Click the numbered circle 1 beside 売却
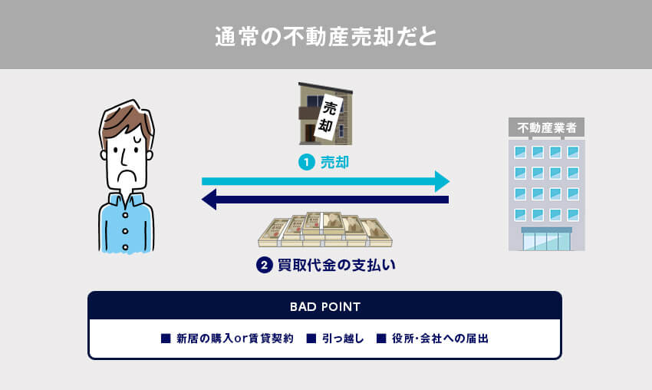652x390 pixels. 306,163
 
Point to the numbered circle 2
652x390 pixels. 264,266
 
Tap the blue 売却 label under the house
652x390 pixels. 334,163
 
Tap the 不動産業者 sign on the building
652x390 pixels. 546,127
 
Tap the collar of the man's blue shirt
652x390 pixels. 127,201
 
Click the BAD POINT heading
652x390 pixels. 325,306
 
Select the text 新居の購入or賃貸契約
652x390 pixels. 235,339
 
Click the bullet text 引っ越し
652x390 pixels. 342,339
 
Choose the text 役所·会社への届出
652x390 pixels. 440,339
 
